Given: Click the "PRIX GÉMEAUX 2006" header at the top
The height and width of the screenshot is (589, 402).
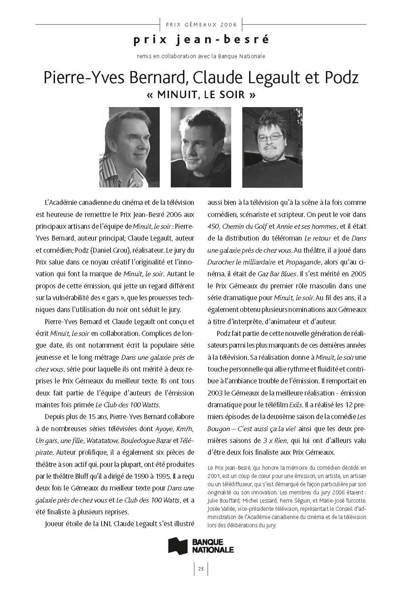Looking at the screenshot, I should tap(202, 25).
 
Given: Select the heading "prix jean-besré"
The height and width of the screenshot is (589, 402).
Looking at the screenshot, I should tap(201, 40).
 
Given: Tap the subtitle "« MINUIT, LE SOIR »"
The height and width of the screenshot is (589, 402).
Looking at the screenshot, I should tap(201, 95).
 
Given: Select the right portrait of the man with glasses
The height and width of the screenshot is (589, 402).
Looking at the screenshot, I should tap(272, 147).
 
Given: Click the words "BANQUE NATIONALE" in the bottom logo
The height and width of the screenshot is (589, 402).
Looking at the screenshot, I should tap(213, 546).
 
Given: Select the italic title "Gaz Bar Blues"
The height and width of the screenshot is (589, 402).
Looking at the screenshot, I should tap(277, 274).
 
